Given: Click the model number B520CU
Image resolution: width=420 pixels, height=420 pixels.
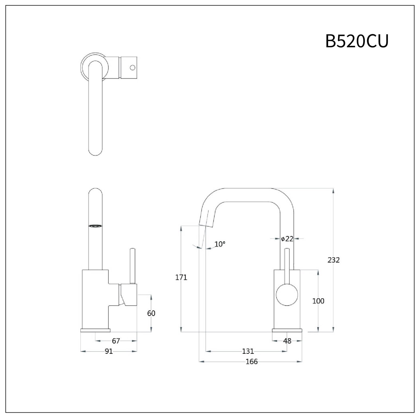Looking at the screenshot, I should [357, 41].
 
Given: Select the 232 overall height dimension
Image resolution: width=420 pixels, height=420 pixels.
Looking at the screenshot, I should [334, 260].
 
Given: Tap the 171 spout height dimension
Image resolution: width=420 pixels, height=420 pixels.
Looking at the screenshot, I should [181, 277].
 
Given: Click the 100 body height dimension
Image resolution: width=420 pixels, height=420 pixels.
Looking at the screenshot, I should [318, 301].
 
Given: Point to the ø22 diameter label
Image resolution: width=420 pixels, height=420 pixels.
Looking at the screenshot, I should [287, 239].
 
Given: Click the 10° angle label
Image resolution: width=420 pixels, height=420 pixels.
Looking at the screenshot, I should [220, 244].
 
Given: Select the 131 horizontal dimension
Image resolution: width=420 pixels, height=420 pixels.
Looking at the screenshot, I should [248, 351].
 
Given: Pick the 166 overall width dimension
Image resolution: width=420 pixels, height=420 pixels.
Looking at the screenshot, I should [251, 362].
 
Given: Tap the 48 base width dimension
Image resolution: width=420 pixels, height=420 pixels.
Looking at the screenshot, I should [287, 341].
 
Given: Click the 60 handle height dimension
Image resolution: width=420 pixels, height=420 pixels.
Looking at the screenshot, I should [151, 313].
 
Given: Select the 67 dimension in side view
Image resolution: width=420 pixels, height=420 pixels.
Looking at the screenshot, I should [116, 341].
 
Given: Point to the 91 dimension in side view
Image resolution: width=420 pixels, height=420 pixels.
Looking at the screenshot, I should [109, 351].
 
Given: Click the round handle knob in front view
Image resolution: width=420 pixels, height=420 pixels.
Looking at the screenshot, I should [287, 295].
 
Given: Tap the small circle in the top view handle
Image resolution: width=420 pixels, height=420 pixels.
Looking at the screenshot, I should [133, 67].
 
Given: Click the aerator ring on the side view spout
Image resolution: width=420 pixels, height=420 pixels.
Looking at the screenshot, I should [96, 226].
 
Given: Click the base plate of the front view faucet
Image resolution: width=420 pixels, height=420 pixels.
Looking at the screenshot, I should [287, 330].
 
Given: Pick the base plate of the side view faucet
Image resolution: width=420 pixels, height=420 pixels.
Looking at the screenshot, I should [95, 330].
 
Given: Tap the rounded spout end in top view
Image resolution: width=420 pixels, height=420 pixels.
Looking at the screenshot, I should [96, 151].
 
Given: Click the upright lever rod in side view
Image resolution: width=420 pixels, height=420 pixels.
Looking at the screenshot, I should [133, 265].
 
